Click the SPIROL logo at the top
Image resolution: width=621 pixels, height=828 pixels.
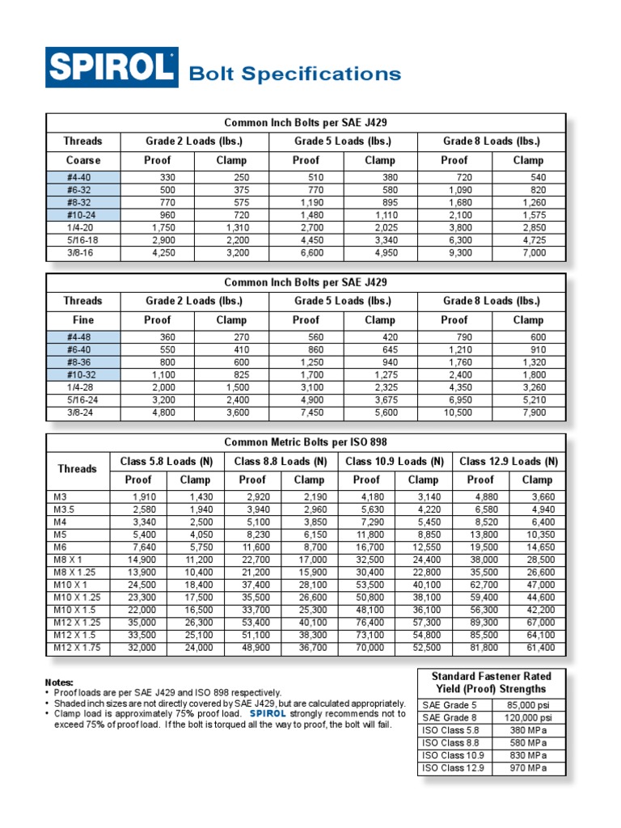pos(111,67)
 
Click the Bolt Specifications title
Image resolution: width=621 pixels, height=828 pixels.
pos(294,74)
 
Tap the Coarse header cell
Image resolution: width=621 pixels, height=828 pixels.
pos(82,160)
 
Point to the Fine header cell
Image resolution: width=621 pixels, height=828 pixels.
pos(82,320)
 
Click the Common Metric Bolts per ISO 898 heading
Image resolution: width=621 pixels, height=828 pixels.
pos(306,442)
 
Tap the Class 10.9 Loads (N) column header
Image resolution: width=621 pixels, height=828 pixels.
pos(395,462)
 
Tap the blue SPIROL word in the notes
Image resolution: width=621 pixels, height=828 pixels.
pos(268,714)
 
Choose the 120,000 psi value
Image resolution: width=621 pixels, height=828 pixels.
pos(530,717)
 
